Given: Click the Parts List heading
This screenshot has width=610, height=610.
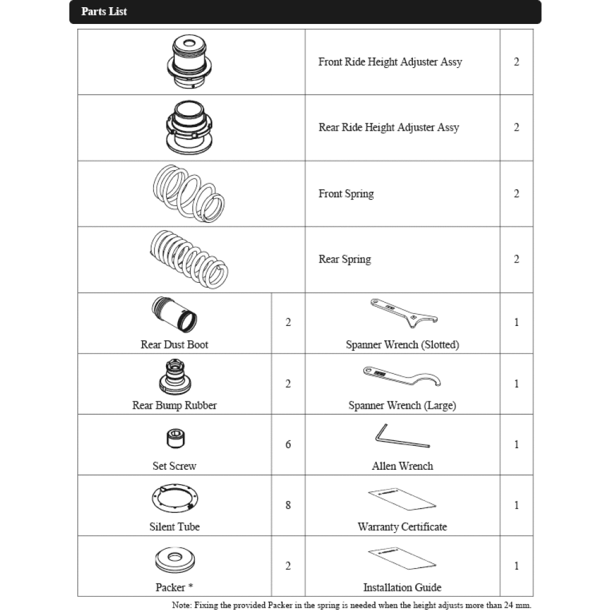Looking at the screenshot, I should pos(104,11).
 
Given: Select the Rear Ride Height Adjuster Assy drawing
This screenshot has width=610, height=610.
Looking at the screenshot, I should pos(191,127).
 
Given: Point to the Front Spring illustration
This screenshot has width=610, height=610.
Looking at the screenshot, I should pos(189,192).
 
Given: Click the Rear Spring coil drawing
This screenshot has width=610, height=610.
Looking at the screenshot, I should pos(188,259).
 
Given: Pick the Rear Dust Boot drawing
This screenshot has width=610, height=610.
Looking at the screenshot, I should pos(176,315).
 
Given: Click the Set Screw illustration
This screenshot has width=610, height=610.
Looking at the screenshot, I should pos(174,439).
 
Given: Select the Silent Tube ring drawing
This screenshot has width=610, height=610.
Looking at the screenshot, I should pos(174,499).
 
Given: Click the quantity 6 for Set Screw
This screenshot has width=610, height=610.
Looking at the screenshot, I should pos(288,445).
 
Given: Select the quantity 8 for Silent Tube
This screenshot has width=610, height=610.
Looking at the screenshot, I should pos(288,505).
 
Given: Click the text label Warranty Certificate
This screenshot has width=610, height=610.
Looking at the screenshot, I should pos(402,527).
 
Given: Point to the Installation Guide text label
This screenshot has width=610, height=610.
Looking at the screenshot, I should pos(402,588).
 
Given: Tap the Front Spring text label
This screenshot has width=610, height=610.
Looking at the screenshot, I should pos(346,194).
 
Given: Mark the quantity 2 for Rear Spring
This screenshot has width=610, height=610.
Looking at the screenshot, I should pos(517,259).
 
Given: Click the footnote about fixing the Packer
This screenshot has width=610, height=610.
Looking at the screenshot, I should pos(351,605).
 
